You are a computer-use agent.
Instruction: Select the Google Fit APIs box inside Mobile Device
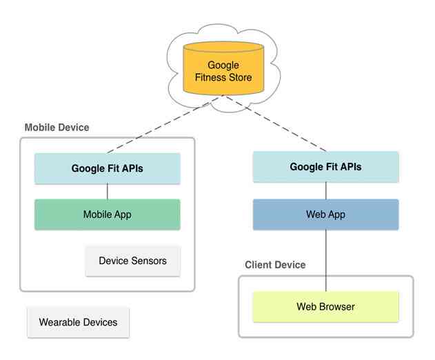point(107,168)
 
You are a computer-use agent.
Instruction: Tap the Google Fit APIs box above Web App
point(325,167)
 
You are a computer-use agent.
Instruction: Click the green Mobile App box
point(107,214)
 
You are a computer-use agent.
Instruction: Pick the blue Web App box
point(325,214)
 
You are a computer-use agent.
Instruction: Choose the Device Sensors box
point(132,261)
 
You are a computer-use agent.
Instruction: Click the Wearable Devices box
point(78,322)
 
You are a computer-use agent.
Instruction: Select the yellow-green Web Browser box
point(325,306)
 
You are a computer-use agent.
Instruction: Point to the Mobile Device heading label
point(57,128)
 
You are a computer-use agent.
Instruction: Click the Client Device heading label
point(275,265)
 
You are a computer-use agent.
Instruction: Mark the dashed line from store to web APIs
point(276,124)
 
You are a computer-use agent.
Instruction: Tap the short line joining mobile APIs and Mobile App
point(107,192)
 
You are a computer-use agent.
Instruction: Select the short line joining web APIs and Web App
point(325,191)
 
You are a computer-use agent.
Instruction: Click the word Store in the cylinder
point(239,77)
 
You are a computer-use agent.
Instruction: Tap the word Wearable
point(61,322)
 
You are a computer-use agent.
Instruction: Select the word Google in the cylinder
point(223,66)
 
